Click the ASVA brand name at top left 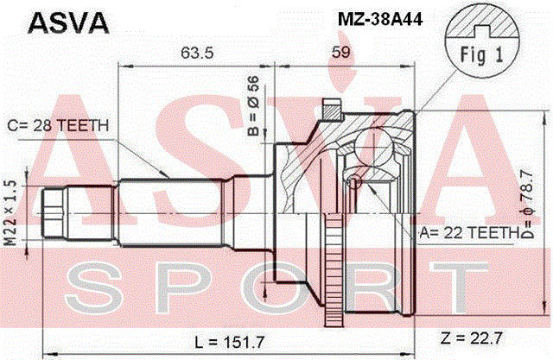coord(68,23)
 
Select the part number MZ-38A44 coord(380,19)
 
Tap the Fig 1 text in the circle coord(482,55)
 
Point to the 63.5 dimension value coord(197,53)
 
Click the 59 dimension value coord(341,52)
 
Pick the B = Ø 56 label coord(253,105)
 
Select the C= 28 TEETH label coord(58,126)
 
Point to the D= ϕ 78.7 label coord(527,205)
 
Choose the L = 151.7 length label coord(230,341)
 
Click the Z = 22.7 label coord(471,338)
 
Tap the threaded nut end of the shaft coord(54,213)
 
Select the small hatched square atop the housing coord(332,110)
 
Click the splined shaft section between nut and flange coord(172,213)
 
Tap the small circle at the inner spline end coord(353,182)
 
